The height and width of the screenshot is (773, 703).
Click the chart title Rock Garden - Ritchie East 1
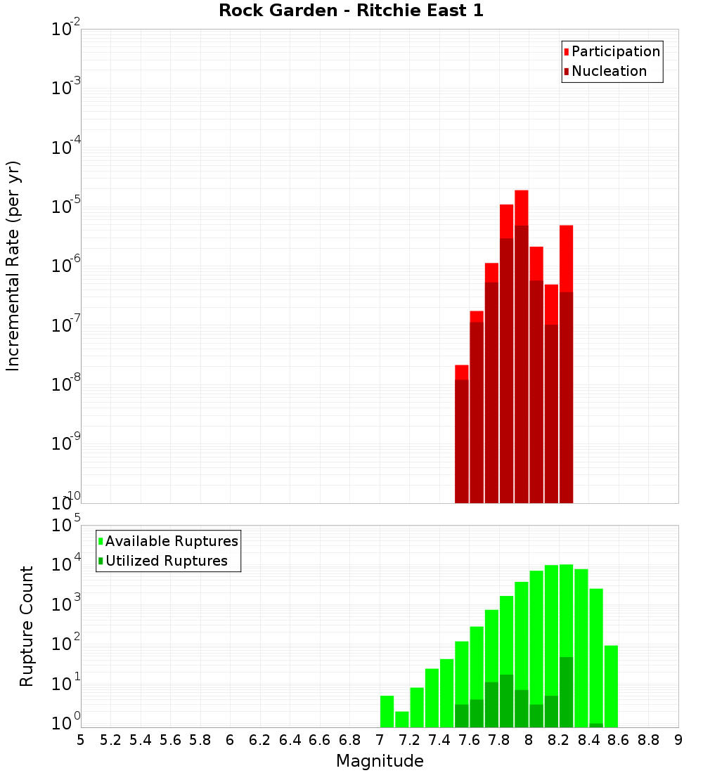[x=351, y=11]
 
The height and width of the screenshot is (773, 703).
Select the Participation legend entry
[x=615, y=51]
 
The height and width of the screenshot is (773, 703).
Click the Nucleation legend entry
[x=609, y=71]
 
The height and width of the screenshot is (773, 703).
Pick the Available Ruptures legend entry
[x=171, y=541]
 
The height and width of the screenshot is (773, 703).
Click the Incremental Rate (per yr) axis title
[x=13, y=266]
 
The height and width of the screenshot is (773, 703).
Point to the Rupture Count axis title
[x=27, y=625]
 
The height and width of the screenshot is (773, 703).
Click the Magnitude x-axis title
[x=380, y=761]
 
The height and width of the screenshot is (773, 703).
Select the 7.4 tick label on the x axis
[x=439, y=740]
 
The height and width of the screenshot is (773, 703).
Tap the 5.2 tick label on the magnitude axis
[x=110, y=740]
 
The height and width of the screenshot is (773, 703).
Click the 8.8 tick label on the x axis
[x=648, y=740]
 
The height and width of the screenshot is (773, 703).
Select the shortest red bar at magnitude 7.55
[x=461, y=372]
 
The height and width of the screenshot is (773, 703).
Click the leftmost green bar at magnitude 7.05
[x=387, y=711]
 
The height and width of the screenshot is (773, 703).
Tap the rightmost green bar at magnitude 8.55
[x=611, y=686]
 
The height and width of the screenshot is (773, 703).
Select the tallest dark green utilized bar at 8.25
[x=566, y=692]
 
